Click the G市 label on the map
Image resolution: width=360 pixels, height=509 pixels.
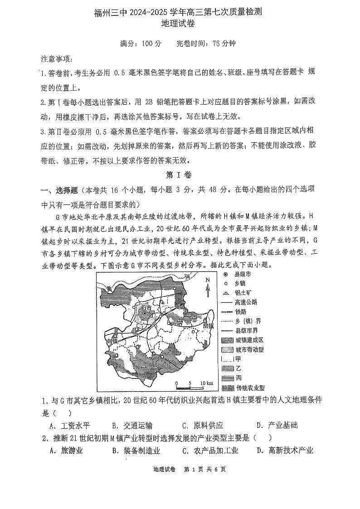point(146,308)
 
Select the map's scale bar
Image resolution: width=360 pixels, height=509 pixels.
point(190,386)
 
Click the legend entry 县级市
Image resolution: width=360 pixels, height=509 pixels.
point(239,274)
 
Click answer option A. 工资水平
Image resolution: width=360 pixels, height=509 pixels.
point(69,425)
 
